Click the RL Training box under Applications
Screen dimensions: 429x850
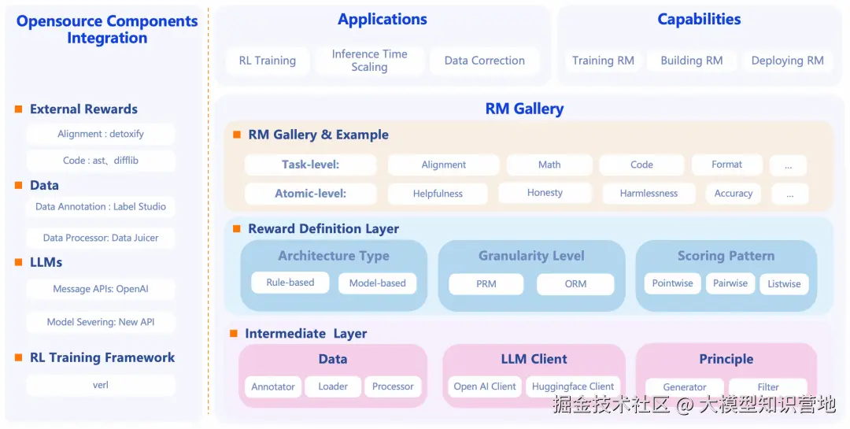click(x=268, y=61)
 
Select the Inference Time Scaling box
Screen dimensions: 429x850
click(x=369, y=61)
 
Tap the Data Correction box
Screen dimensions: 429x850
click(x=484, y=61)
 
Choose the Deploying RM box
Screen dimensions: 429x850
click(x=787, y=61)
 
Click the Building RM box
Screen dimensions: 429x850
click(x=691, y=61)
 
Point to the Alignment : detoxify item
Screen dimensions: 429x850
click(x=101, y=134)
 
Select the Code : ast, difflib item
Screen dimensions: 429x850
click(x=101, y=161)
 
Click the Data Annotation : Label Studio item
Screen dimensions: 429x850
click(x=101, y=207)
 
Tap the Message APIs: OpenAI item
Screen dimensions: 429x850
click(x=101, y=289)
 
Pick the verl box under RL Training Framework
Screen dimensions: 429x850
click(x=101, y=385)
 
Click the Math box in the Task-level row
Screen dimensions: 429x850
click(x=549, y=165)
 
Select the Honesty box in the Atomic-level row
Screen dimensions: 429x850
click(x=545, y=193)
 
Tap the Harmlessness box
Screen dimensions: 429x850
click(x=649, y=194)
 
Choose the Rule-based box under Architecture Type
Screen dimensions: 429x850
click(x=290, y=283)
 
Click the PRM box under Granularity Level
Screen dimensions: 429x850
click(x=486, y=284)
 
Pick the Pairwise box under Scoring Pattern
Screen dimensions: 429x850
click(x=730, y=283)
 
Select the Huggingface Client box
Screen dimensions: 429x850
click(x=573, y=386)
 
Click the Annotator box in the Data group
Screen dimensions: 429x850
click(x=273, y=386)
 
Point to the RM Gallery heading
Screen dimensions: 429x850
click(x=524, y=109)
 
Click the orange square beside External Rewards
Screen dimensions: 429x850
click(x=18, y=109)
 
